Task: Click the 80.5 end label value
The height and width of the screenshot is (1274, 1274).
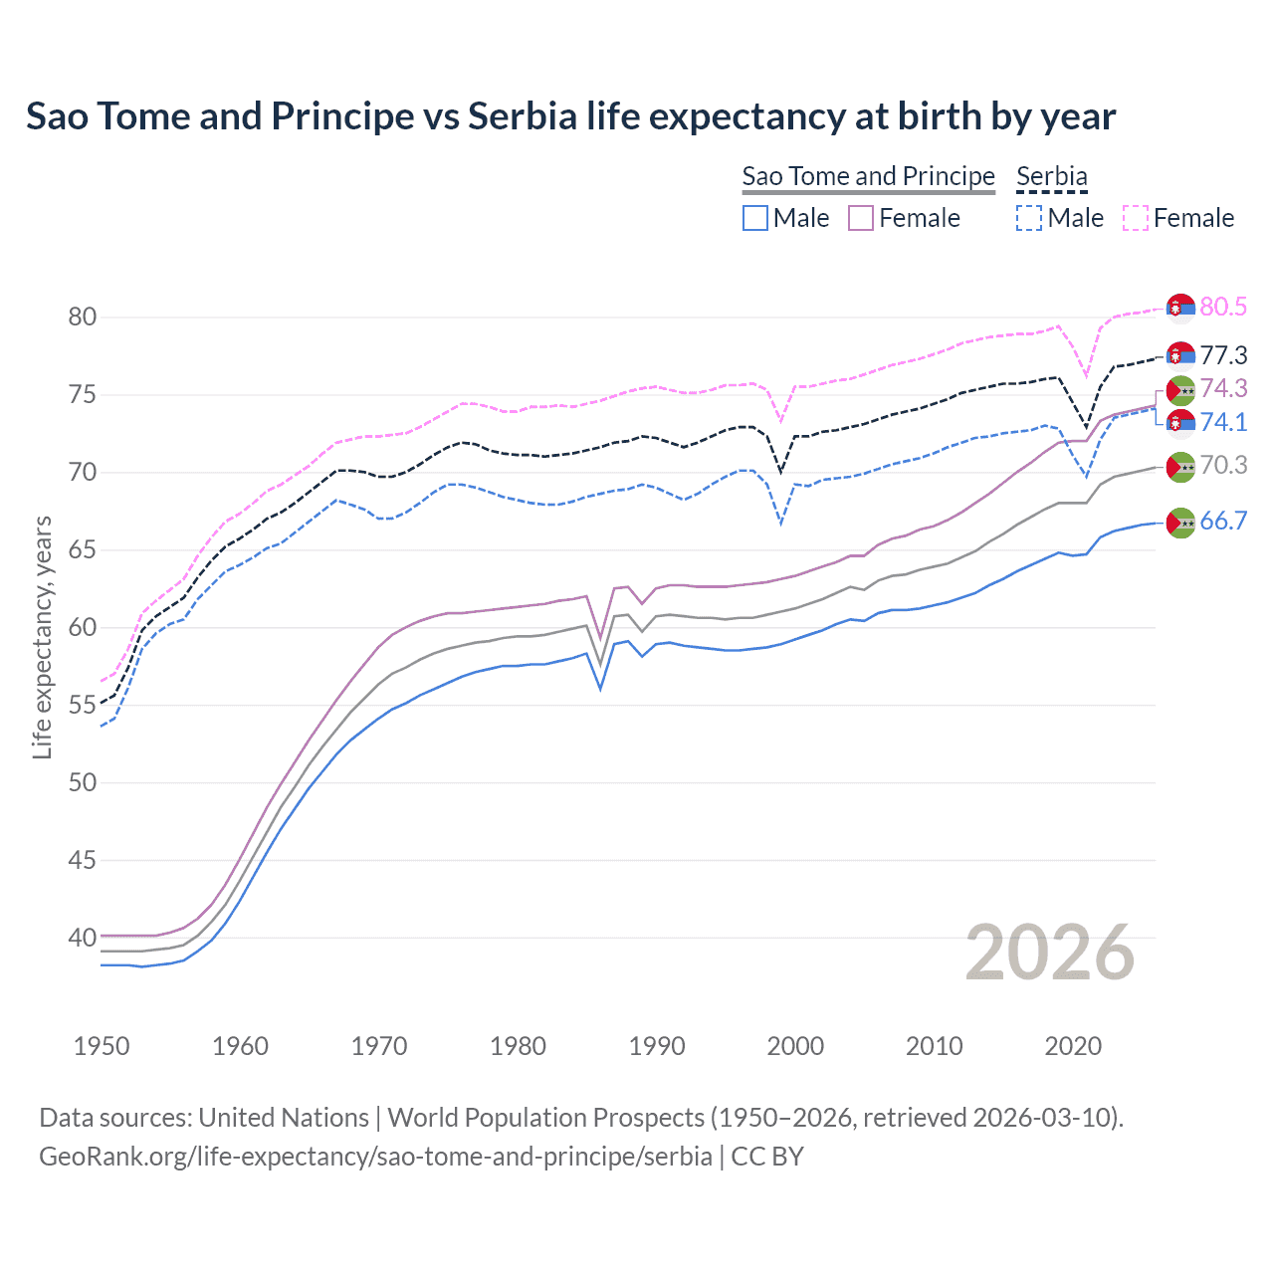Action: (x=1223, y=307)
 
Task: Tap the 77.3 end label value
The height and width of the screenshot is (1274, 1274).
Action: (x=1223, y=355)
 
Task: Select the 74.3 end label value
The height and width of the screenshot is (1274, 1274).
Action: (x=1223, y=388)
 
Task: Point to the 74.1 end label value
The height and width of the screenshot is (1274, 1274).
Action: (x=1223, y=422)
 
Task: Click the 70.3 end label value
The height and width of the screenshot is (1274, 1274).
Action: (x=1223, y=465)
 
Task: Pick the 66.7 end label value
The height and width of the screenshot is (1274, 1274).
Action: (x=1223, y=521)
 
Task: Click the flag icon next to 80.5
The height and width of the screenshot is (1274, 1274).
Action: (x=1180, y=309)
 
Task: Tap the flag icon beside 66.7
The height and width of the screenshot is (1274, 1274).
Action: (x=1180, y=523)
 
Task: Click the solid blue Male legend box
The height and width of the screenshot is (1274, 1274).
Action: (x=755, y=218)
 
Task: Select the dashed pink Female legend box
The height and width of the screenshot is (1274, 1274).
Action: (x=1136, y=218)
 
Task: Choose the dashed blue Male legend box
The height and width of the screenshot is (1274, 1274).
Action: (x=1029, y=218)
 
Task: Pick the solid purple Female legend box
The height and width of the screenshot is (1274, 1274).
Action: (x=861, y=218)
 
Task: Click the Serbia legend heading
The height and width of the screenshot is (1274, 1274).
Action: (x=1052, y=176)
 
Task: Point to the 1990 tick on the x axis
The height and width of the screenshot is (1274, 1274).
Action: (x=657, y=1046)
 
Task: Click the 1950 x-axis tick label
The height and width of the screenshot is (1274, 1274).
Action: (x=102, y=1046)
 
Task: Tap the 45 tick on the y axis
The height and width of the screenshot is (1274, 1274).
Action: (x=83, y=860)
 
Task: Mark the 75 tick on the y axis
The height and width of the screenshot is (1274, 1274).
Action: (x=83, y=395)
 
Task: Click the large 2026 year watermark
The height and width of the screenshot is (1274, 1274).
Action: (x=1050, y=953)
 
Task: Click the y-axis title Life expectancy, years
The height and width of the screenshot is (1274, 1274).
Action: (x=42, y=637)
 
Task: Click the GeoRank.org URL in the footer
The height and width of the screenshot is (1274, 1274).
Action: (x=375, y=1157)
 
